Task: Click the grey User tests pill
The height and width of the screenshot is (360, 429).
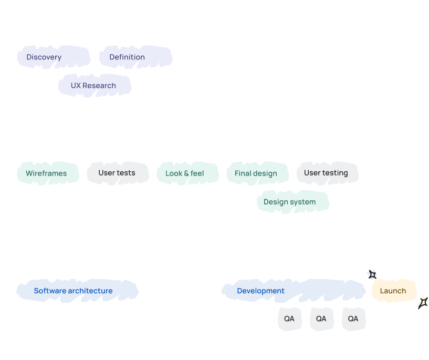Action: pyautogui.click(x=117, y=173)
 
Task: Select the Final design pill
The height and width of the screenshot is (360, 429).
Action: pyautogui.click(x=256, y=173)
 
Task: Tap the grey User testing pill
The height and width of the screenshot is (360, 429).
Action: pyautogui.click(x=327, y=172)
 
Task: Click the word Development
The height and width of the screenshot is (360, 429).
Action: pyautogui.click(x=260, y=291)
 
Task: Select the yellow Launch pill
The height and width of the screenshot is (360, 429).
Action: pyautogui.click(x=393, y=291)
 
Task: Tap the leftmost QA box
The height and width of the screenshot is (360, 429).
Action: pyautogui.click(x=289, y=319)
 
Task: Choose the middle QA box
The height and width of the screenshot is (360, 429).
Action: pyautogui.click(x=321, y=319)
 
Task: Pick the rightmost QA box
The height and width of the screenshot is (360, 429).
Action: pyautogui.click(x=353, y=319)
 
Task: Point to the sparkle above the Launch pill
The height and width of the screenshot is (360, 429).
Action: pyautogui.click(x=372, y=274)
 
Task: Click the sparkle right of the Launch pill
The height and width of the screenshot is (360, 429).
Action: pyautogui.click(x=422, y=302)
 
